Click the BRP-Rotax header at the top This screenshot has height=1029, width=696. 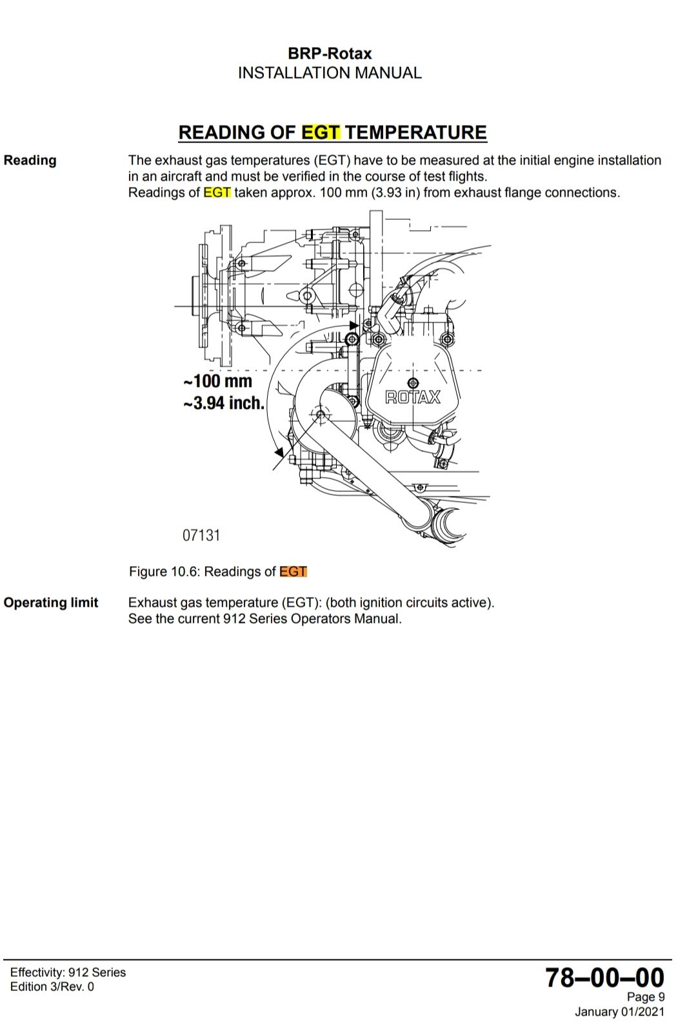click(x=330, y=54)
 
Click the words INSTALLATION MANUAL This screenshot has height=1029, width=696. click(x=330, y=73)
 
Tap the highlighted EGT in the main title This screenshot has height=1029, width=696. click(x=321, y=132)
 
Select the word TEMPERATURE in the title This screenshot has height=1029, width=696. click(x=417, y=132)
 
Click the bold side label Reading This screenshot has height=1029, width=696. click(x=30, y=161)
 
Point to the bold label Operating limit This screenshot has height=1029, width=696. click(x=51, y=603)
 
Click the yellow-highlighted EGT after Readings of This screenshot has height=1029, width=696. click(x=217, y=193)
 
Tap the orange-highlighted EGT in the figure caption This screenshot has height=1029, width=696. click(x=293, y=572)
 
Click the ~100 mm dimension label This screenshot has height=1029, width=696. click(x=217, y=381)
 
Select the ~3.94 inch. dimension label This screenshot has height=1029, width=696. click(x=223, y=404)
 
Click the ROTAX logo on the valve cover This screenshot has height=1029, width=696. click(x=413, y=397)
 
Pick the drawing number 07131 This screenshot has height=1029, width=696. click(x=201, y=535)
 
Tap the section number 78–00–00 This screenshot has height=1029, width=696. click(x=604, y=978)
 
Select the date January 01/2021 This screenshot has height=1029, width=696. click(x=619, y=1012)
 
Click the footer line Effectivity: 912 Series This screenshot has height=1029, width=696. click(x=68, y=972)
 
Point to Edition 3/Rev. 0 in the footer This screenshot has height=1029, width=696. click(x=52, y=987)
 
